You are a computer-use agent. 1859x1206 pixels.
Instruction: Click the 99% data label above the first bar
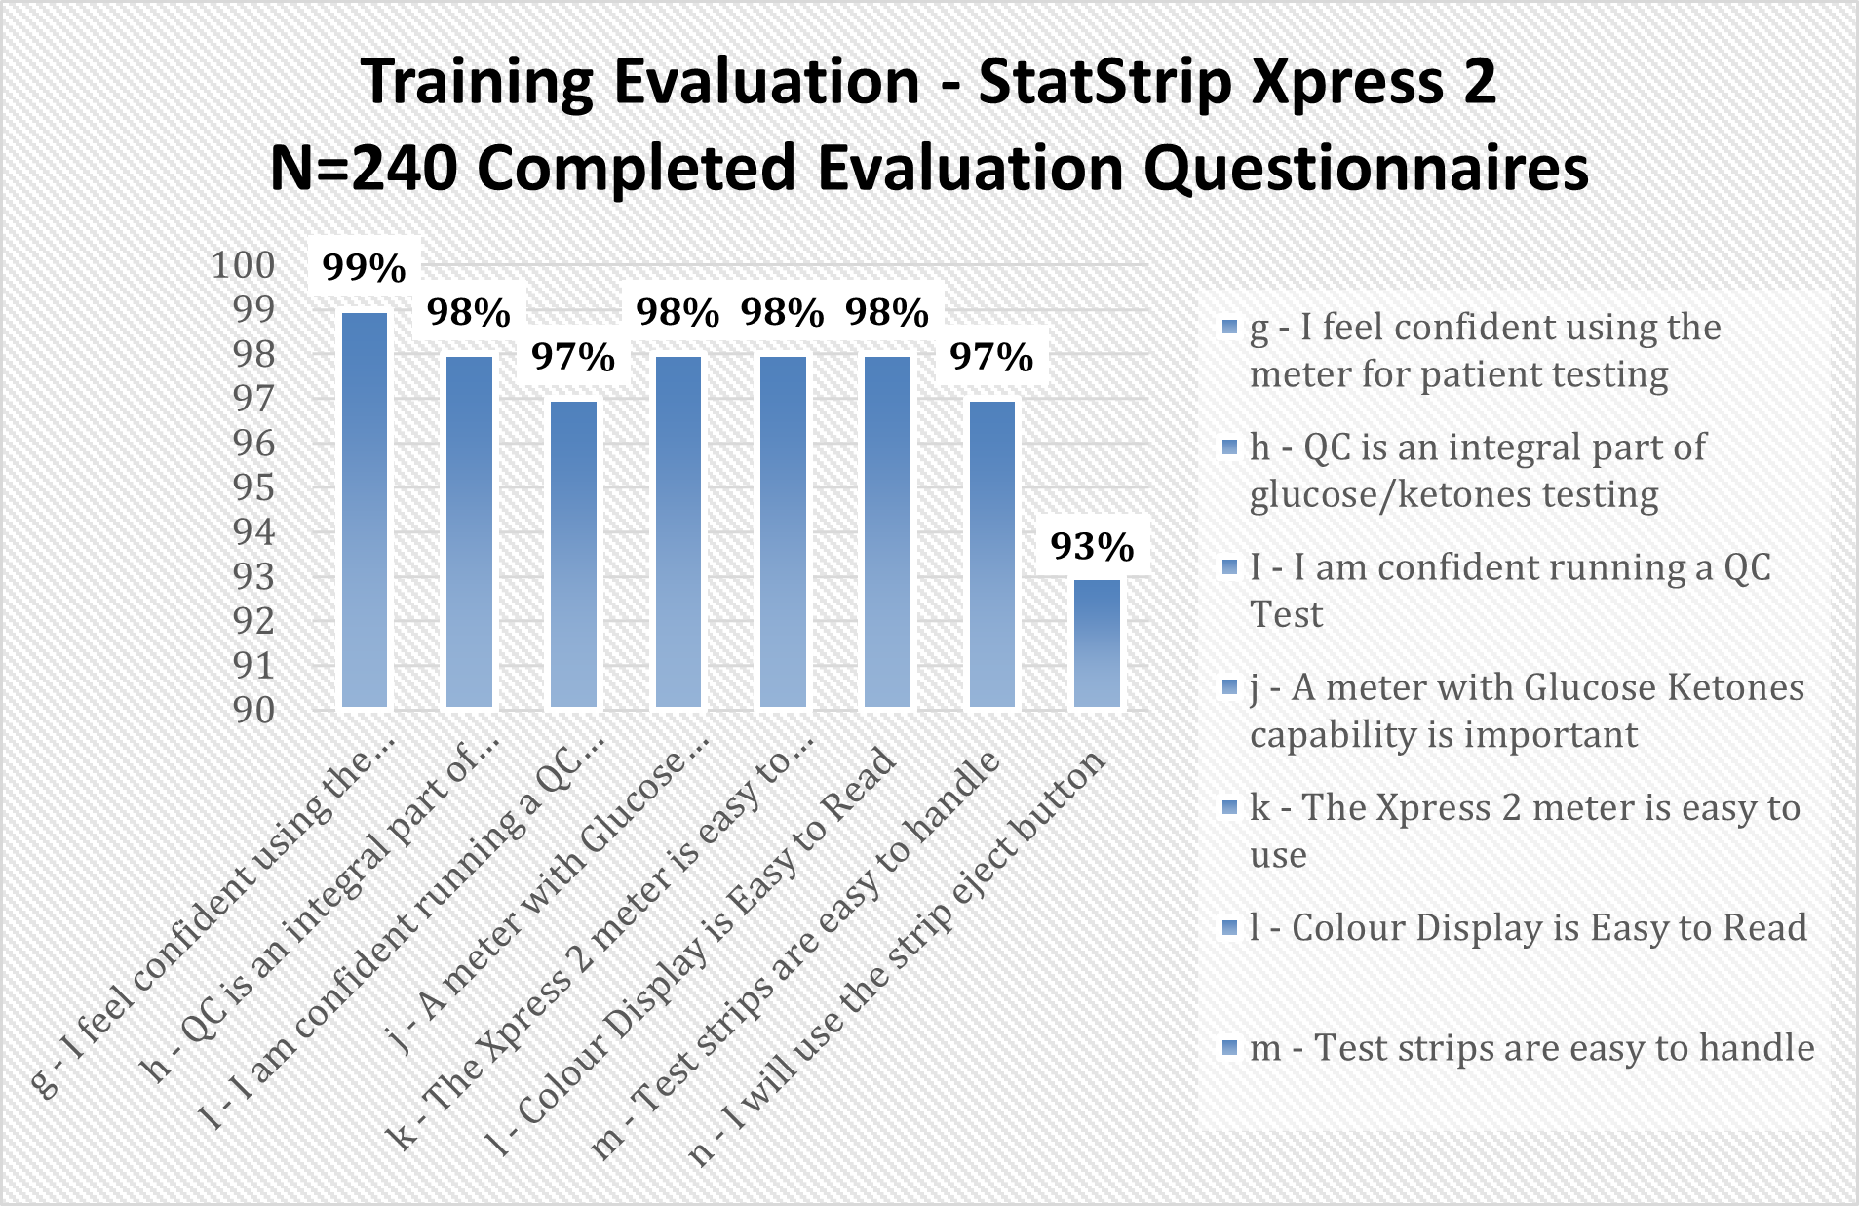[364, 267]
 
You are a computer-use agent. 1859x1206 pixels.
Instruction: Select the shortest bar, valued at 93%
[1097, 643]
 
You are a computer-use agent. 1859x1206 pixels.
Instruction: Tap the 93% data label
[1092, 547]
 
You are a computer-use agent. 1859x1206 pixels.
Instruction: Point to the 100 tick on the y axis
[244, 264]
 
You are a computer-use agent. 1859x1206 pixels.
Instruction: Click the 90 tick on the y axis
[253, 710]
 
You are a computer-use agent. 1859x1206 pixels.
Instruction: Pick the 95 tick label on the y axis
[253, 486]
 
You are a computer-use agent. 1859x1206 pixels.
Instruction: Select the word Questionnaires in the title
[1366, 169]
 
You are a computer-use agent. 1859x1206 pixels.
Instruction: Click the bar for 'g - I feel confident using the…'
[365, 510]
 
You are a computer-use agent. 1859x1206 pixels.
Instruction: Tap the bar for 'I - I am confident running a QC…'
[573, 554]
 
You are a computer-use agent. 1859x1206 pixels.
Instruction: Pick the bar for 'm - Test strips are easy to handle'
[992, 554]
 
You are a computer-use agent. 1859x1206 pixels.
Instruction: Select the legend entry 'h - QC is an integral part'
[1478, 471]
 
